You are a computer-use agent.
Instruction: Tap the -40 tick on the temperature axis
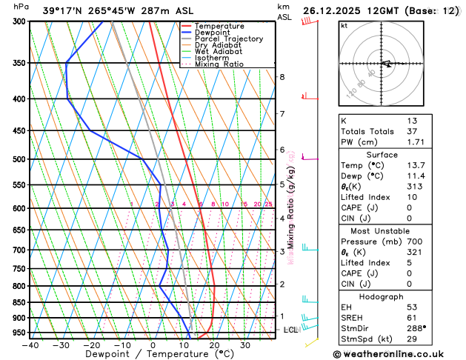pyautogui.click(x=30, y=345)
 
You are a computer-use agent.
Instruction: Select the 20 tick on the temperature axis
pyautogui.click(x=214, y=345)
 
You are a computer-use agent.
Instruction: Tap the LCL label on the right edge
pyautogui.click(x=290, y=330)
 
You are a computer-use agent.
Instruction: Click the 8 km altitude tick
pyautogui.click(x=282, y=77)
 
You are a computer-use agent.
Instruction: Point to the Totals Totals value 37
pyautogui.click(x=412, y=131)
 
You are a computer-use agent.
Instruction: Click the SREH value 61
pyautogui.click(x=412, y=317)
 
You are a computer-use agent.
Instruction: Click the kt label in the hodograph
pyautogui.click(x=344, y=26)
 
